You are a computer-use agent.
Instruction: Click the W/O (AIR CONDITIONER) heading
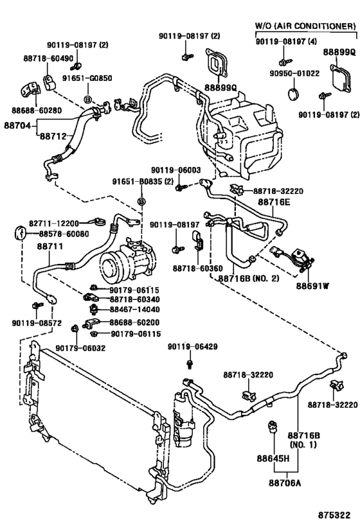coord(305,26)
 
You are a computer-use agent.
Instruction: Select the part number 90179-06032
coord(80,347)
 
